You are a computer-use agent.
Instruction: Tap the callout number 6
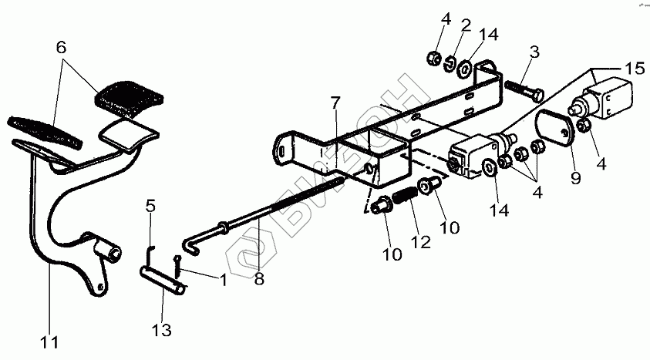pos(61,46)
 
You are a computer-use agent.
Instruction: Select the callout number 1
pos(224,280)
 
